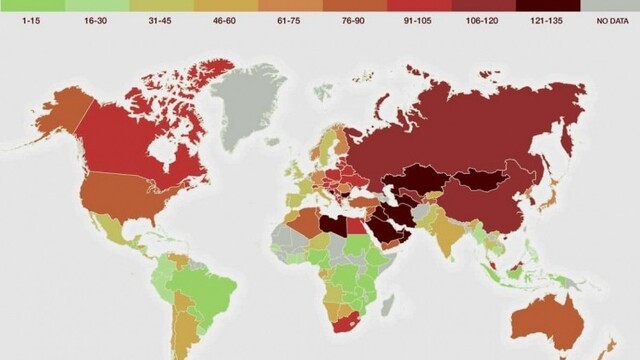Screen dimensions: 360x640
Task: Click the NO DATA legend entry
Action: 608,19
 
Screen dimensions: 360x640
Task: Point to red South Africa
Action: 349,325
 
